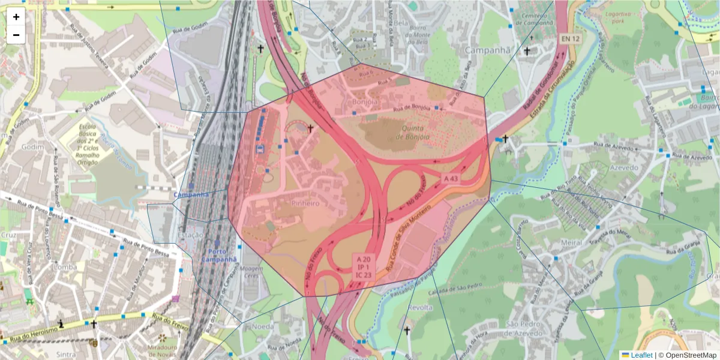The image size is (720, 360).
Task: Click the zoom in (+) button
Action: (16, 17)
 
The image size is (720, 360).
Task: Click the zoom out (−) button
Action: (16, 35)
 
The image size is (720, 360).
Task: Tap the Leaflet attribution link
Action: (641, 355)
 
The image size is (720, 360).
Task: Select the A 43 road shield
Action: (451, 178)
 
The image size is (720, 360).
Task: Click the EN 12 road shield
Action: (571, 38)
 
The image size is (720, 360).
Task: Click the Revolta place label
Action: (420, 307)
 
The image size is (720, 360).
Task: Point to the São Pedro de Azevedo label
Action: (529, 328)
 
